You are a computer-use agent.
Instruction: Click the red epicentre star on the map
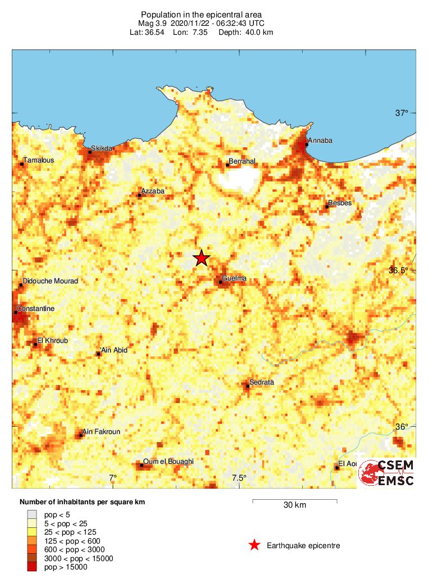click(202, 258)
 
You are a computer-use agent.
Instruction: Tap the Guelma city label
click(234, 278)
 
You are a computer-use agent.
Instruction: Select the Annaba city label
click(319, 141)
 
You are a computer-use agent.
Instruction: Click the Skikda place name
click(102, 148)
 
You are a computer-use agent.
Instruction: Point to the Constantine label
click(35, 309)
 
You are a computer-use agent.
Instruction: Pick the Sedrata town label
click(262, 382)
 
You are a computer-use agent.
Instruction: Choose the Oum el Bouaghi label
click(169, 462)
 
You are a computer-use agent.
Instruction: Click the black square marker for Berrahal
click(227, 164)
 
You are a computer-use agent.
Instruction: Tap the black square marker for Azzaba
click(139, 195)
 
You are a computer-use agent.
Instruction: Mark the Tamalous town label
click(39, 160)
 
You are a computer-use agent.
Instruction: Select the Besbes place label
click(340, 203)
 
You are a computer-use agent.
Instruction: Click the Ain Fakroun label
click(101, 432)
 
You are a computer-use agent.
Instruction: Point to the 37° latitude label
click(402, 113)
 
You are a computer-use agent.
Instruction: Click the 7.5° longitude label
click(239, 478)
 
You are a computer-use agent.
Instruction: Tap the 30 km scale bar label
click(294, 505)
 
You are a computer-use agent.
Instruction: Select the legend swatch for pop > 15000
click(32, 567)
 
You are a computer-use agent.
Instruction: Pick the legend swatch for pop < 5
click(32, 513)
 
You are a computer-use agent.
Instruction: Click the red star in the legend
click(254, 545)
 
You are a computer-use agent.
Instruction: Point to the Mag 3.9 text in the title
click(154, 23)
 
